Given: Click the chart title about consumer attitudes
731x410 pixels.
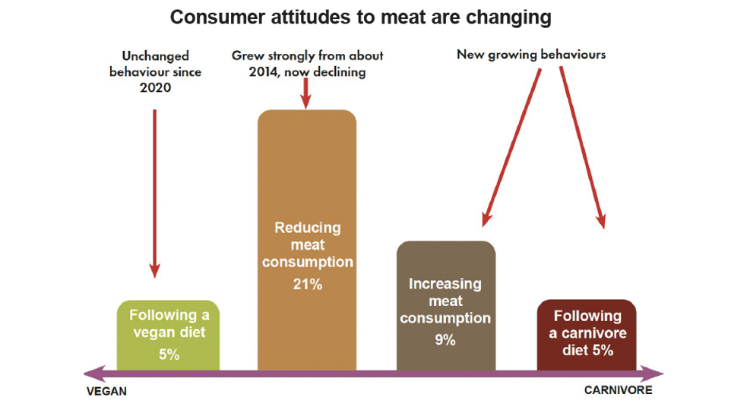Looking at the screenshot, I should tap(361, 17).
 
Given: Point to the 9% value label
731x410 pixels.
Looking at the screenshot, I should tap(445, 339).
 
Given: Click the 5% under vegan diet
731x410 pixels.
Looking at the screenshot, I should tap(169, 354).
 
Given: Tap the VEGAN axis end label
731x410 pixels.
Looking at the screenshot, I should tap(106, 392).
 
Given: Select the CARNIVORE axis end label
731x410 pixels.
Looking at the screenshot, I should tap(618, 390).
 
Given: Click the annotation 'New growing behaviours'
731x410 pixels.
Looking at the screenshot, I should tap(531, 55).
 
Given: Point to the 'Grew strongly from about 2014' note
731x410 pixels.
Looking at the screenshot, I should tap(308, 64).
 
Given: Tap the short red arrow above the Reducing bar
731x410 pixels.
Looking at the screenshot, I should tap(305, 93).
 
